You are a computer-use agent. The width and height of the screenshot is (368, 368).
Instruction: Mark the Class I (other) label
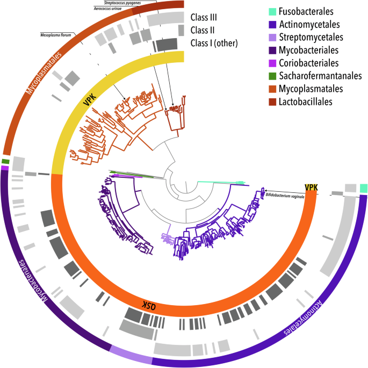(x=214, y=42)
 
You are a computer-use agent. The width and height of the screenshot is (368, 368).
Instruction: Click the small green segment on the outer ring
(x=5, y=161)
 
